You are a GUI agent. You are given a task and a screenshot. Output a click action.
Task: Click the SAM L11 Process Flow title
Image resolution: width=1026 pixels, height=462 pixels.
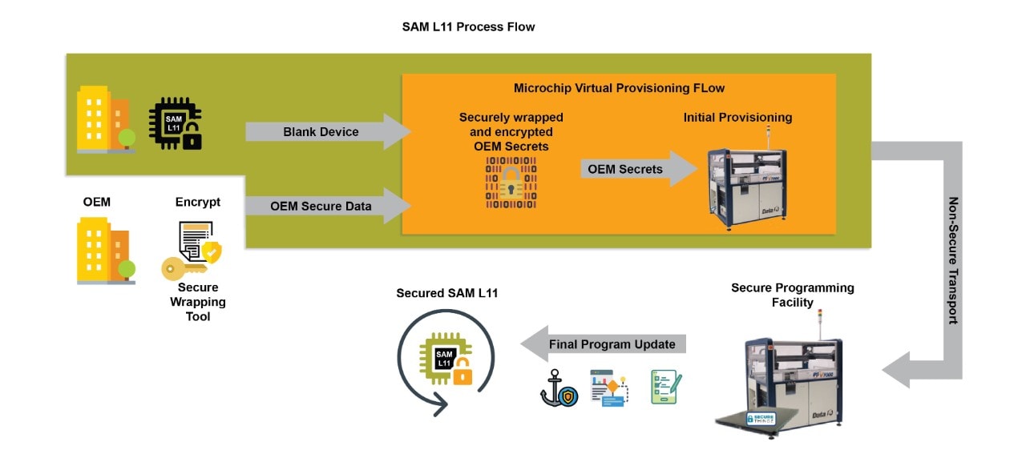pos(468,26)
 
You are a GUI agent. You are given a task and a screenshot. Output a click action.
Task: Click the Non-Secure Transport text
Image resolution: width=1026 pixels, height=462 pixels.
pos(953,260)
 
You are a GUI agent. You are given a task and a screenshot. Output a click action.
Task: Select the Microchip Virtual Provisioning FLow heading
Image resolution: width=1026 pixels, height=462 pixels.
pos(618,87)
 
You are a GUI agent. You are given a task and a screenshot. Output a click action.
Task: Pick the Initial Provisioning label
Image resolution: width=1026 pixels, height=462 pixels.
pos(737,118)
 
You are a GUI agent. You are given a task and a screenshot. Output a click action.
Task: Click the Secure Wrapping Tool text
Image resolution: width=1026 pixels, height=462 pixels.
pos(198,302)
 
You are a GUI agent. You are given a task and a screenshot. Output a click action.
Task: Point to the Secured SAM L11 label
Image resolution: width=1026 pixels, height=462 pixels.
pos(446,293)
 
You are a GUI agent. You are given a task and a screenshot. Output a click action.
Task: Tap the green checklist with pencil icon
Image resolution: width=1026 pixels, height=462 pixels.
pos(663,387)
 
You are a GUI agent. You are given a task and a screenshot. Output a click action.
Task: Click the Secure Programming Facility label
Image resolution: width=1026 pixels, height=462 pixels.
pos(792,295)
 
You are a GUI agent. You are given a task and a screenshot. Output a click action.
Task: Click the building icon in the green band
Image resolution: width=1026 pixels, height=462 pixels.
pos(105,119)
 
